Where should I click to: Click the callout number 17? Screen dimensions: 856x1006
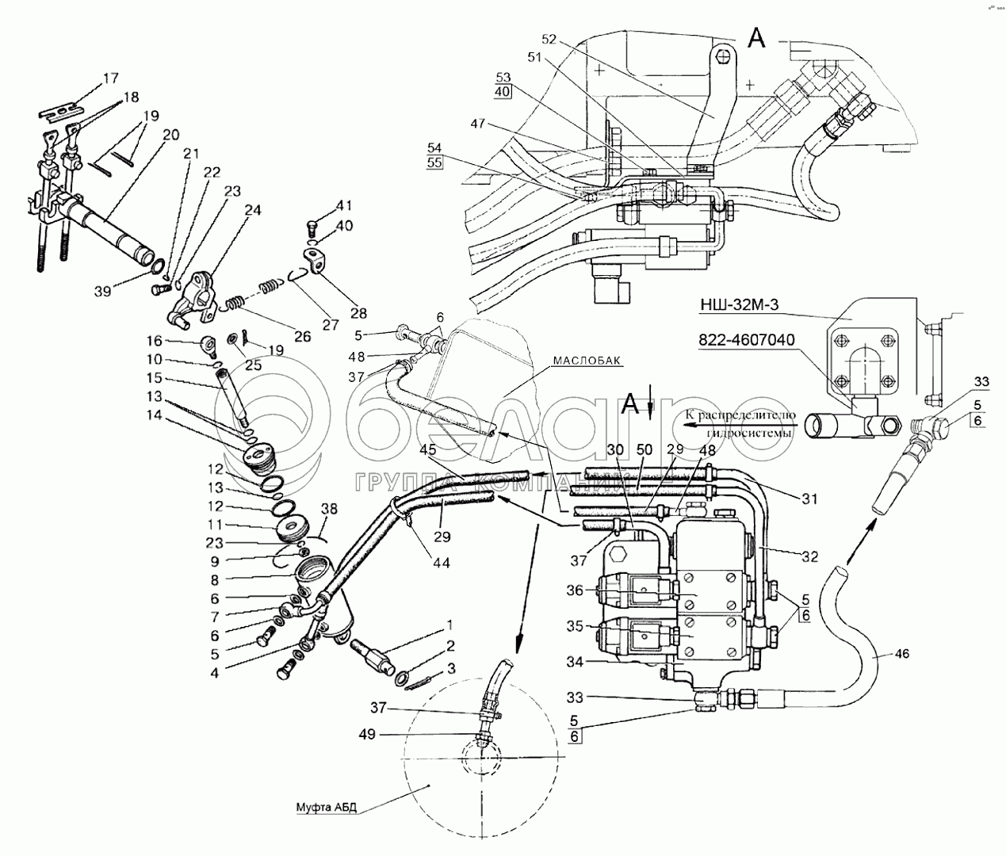click(110, 78)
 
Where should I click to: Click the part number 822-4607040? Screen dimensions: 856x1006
click(748, 338)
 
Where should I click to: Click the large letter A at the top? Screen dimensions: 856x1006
click(757, 36)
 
